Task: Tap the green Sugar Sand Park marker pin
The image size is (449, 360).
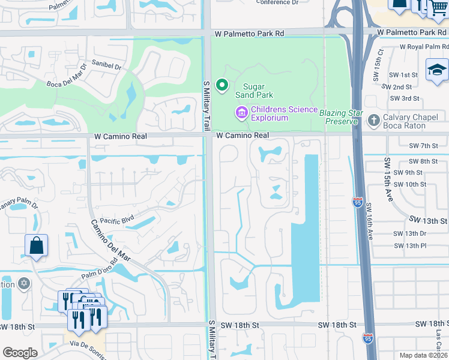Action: [x=222, y=86]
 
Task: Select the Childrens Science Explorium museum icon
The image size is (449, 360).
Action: [x=241, y=112]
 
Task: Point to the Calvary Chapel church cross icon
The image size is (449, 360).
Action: [x=373, y=121]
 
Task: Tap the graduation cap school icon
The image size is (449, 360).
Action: [x=437, y=71]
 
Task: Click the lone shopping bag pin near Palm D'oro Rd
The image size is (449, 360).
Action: [x=36, y=246]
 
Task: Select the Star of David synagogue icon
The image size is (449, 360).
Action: [x=23, y=283]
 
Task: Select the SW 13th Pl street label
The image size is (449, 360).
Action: [x=410, y=245]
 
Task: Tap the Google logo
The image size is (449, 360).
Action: [x=20, y=353]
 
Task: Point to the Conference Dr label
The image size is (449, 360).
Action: [x=277, y=2]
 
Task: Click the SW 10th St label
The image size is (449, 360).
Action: [x=410, y=184]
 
